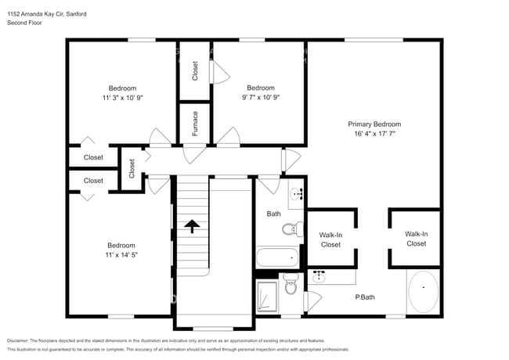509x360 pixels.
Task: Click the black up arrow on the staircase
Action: click(x=192, y=225)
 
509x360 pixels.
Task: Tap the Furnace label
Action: click(x=194, y=123)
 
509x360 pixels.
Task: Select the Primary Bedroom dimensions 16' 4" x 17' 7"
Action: click(x=374, y=134)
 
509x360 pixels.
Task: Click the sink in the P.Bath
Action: click(x=319, y=277)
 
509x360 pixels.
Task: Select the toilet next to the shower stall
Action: click(x=291, y=287)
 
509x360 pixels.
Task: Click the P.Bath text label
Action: click(x=364, y=297)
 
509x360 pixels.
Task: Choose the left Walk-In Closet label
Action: click(x=330, y=239)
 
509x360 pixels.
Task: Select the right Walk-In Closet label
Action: click(x=415, y=239)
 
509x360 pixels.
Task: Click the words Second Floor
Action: click(x=24, y=23)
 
